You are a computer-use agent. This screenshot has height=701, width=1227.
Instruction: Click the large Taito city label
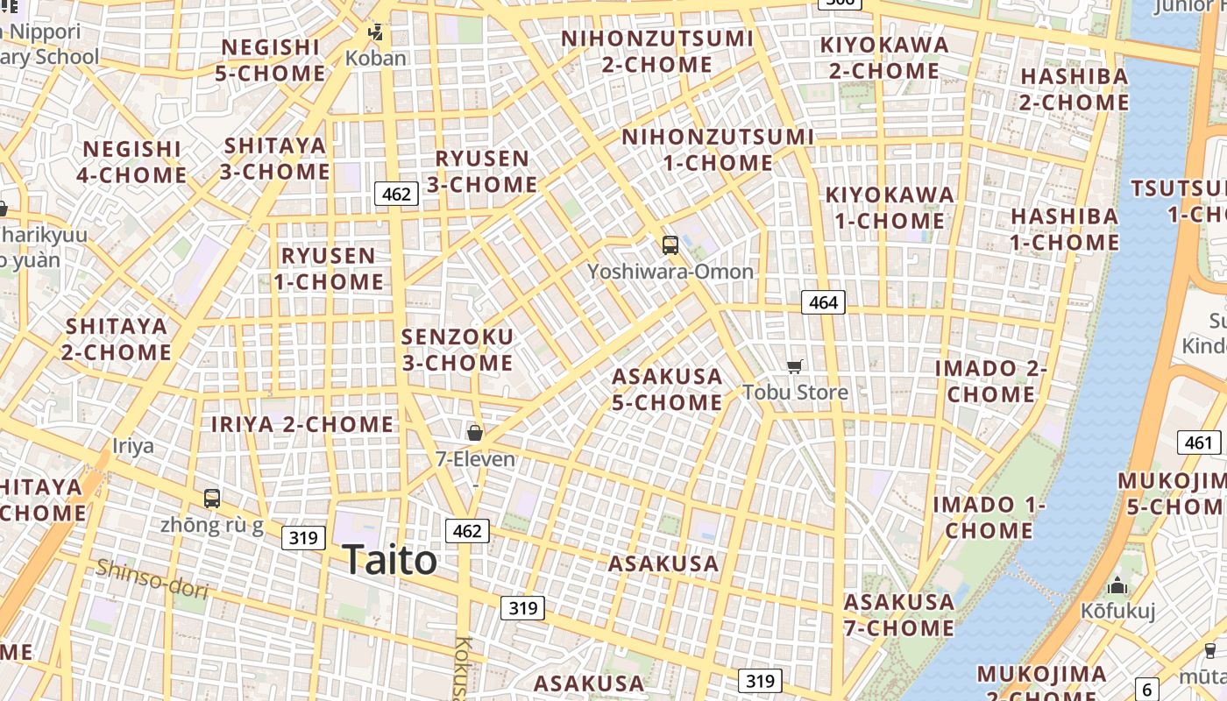pos(389,560)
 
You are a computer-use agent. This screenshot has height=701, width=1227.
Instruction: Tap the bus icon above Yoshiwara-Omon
pos(670,245)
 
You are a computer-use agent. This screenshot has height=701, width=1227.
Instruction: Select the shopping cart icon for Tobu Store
pos(794,366)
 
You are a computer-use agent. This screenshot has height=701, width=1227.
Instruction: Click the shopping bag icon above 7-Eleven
pos(475,432)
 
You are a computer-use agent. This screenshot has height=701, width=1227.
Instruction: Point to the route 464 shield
pos(823,302)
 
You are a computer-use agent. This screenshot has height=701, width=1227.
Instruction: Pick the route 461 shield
pos(1198,443)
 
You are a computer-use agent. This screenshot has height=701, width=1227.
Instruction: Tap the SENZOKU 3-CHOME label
pos(457,350)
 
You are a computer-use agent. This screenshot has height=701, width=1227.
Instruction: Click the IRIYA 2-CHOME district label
pos(302,424)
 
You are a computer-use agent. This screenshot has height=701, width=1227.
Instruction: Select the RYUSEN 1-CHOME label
pos(329,269)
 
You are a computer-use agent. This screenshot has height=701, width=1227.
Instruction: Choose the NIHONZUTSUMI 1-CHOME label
pos(718,150)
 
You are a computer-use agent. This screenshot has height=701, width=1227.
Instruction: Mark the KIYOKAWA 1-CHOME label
pos(890,208)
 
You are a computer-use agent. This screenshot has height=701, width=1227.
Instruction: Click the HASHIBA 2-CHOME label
pos(1075,89)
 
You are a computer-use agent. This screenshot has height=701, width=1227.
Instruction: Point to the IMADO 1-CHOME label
pos(989,517)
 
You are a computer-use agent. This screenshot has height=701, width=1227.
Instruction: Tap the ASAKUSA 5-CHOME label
pos(667,389)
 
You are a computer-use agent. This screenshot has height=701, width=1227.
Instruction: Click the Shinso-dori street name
pos(152,578)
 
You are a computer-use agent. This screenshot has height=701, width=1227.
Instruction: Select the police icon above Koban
pos(376,33)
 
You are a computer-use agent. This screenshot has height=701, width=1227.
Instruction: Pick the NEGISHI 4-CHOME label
pos(132,162)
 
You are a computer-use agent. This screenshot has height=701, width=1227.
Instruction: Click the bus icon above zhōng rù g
pos(212,499)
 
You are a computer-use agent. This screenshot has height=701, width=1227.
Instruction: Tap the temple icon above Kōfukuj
pos(1117,585)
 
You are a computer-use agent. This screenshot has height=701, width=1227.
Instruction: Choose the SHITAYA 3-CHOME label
pos(275,158)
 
